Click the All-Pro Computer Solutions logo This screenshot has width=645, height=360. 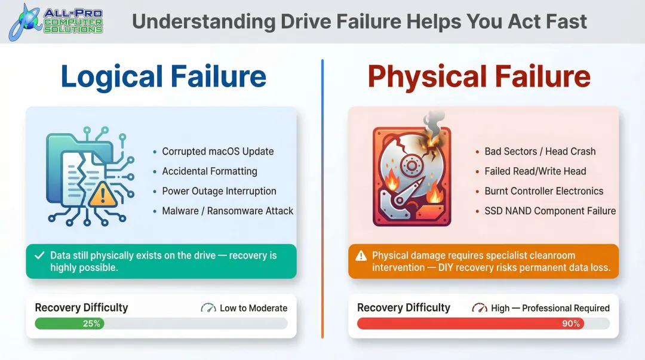[x=56, y=21]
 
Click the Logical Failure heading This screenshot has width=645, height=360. [x=163, y=77]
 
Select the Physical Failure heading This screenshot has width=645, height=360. [x=479, y=77]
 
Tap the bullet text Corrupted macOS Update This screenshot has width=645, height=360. [x=217, y=151]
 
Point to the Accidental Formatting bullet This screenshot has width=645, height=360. [x=210, y=171]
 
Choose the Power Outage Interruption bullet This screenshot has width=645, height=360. [x=219, y=191]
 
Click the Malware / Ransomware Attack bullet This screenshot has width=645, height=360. [x=228, y=211]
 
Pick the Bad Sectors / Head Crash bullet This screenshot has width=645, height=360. [x=540, y=151]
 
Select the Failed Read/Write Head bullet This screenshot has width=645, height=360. [x=535, y=171]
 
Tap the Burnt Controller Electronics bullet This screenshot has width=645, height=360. [x=543, y=191]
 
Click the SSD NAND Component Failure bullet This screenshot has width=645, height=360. [x=550, y=211]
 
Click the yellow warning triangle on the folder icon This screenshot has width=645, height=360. [x=102, y=193]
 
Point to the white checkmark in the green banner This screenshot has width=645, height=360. [x=40, y=256]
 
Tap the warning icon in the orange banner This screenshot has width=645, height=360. [x=361, y=256]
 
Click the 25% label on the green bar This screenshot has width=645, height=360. [x=92, y=324]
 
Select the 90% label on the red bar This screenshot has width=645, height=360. [x=570, y=324]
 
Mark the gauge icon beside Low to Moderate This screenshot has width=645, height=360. [x=208, y=308]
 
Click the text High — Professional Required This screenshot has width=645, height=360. [x=550, y=308]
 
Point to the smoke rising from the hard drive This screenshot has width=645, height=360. [x=434, y=122]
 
